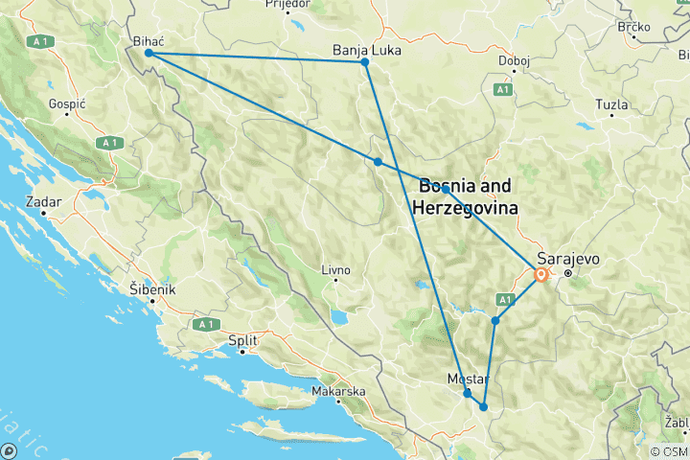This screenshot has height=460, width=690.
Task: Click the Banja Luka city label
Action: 364,49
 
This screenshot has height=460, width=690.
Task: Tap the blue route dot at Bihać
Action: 149,54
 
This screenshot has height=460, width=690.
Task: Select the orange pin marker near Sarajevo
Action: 541,275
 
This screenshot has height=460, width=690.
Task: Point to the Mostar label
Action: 469,379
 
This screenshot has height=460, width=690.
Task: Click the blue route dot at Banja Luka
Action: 365,62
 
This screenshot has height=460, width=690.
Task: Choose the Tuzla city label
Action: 611,103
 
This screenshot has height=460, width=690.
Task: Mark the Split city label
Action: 241,340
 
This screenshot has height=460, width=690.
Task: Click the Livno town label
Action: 334,271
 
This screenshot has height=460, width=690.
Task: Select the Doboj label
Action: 515,61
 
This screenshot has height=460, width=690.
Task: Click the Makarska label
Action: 338,391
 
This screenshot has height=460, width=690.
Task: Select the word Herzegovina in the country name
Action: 465,207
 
